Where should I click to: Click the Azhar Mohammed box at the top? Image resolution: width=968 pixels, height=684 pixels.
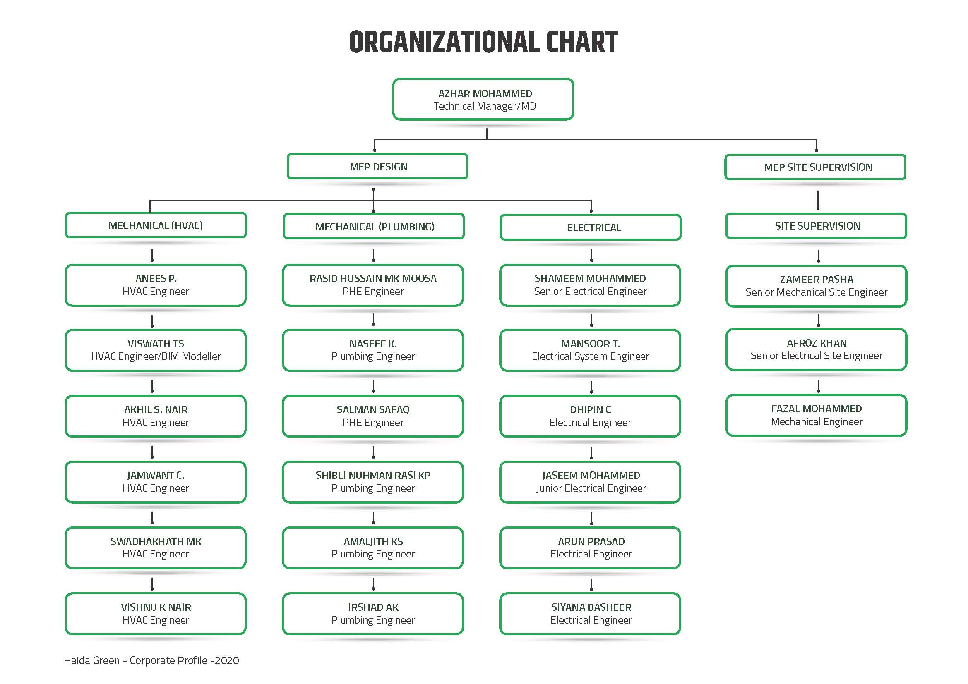(x=483, y=99)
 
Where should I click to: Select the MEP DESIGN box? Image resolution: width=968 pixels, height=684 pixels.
(x=377, y=166)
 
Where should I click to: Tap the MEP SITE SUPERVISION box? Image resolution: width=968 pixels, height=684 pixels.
(x=815, y=167)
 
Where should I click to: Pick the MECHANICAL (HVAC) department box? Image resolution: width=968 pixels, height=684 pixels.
(x=156, y=225)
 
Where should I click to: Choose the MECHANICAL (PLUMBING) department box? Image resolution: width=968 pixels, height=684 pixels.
(x=374, y=227)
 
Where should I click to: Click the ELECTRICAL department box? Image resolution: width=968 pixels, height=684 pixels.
(x=590, y=227)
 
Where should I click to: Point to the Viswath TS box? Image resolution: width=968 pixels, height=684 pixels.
(x=156, y=350)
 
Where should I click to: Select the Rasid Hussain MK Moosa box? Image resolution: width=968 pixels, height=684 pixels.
(x=373, y=285)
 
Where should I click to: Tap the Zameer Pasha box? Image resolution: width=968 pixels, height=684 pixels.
(x=816, y=286)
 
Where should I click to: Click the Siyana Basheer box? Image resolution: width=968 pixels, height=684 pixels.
(x=590, y=614)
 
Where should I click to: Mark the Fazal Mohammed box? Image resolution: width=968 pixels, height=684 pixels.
(x=816, y=415)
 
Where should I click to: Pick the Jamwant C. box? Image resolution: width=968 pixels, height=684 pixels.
(x=156, y=482)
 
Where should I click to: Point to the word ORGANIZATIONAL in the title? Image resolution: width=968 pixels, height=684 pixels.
(x=444, y=42)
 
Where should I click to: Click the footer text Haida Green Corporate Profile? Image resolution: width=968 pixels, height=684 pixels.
(x=151, y=660)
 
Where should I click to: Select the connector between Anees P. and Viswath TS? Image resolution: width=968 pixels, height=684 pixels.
(x=152, y=321)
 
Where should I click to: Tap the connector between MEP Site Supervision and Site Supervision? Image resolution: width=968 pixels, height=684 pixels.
(x=818, y=201)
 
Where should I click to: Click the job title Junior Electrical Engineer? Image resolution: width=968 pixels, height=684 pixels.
(x=591, y=488)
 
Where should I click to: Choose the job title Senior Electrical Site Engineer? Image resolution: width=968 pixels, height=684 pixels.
(x=816, y=356)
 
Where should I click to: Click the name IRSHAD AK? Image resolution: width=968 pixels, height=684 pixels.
(x=373, y=607)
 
